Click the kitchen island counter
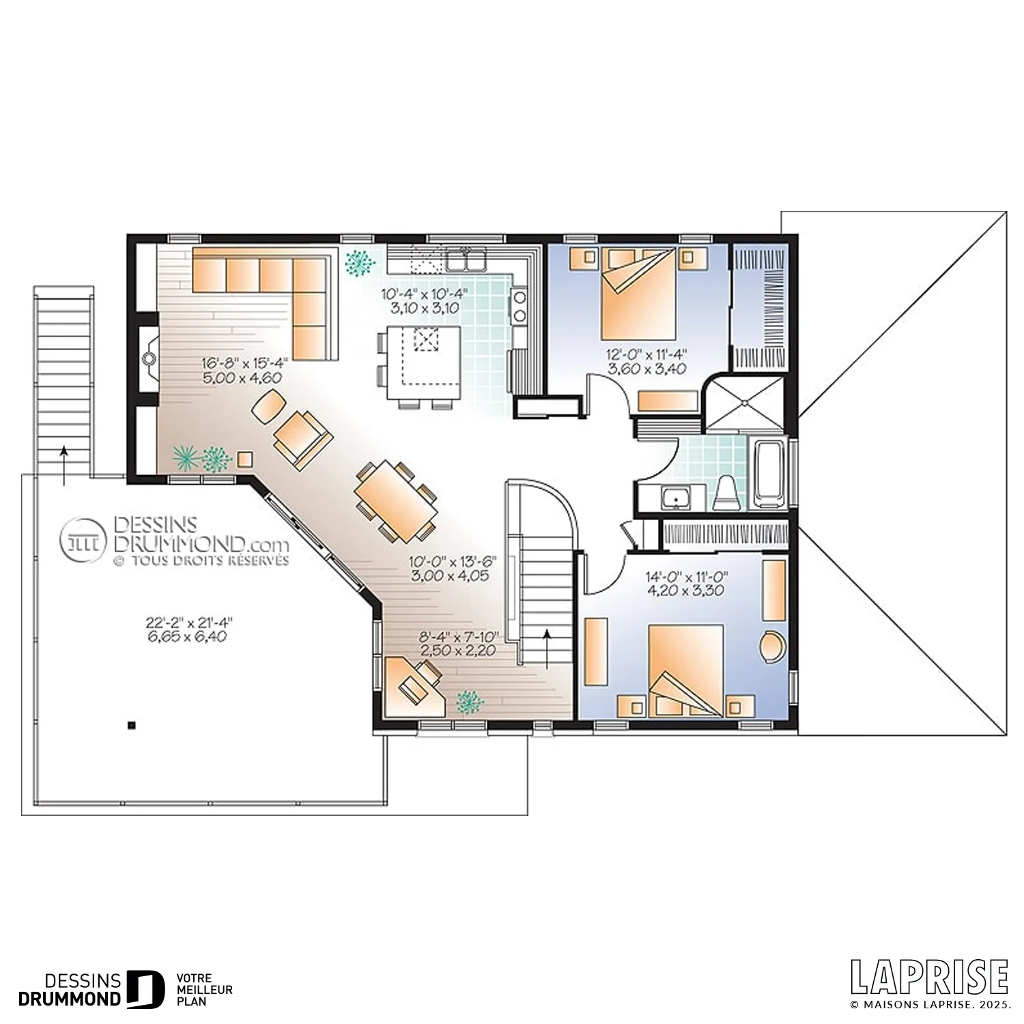(424, 363)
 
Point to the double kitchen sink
(467, 260)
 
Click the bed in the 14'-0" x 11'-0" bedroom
(685, 670)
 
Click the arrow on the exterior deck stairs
(64, 466)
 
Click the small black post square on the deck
(132, 725)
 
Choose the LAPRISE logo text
(930, 977)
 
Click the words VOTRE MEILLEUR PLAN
(204, 990)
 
